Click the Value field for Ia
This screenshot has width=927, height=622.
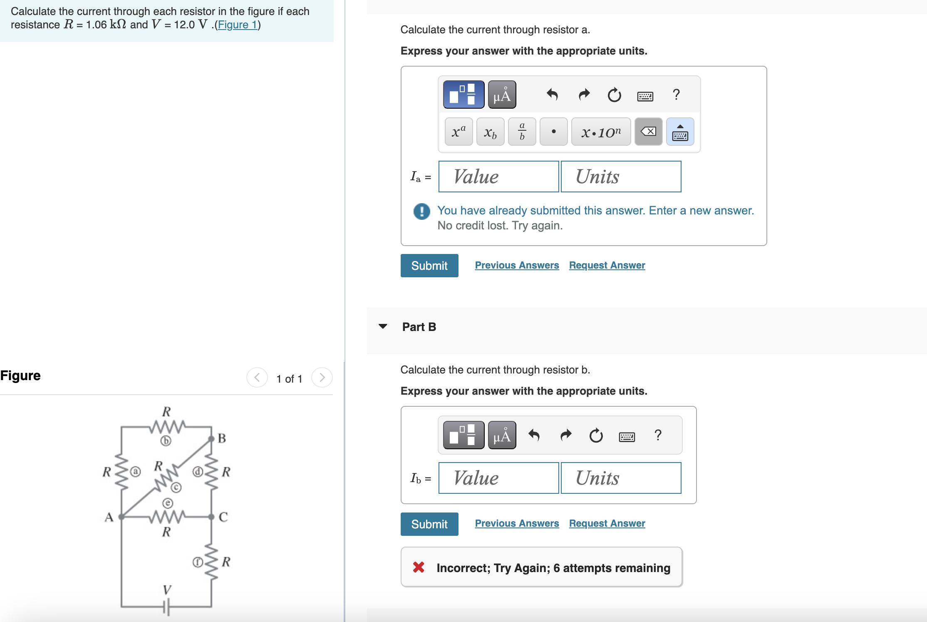tap(498, 177)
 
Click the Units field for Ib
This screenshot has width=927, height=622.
tap(620, 478)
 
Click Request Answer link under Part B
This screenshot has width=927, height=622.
tap(607, 523)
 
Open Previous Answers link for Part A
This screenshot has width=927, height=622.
tap(517, 265)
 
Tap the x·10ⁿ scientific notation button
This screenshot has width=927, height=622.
tap(600, 132)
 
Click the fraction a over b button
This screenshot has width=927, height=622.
tap(522, 132)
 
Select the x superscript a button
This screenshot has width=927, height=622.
tap(459, 132)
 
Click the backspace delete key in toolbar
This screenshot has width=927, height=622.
tap(648, 132)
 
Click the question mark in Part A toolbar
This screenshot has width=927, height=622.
tap(676, 95)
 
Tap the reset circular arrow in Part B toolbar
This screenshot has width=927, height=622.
tap(596, 435)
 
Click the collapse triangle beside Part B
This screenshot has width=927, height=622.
tap(383, 326)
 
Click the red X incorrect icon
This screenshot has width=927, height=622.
tap(419, 567)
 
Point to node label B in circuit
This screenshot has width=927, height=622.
tap(222, 438)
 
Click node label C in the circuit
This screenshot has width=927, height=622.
tap(223, 517)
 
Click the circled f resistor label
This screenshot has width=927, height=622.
tap(198, 562)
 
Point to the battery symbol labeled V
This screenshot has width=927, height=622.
tap(166, 607)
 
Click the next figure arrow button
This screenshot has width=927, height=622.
tap(322, 378)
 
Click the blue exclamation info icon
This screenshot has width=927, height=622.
tap(421, 211)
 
